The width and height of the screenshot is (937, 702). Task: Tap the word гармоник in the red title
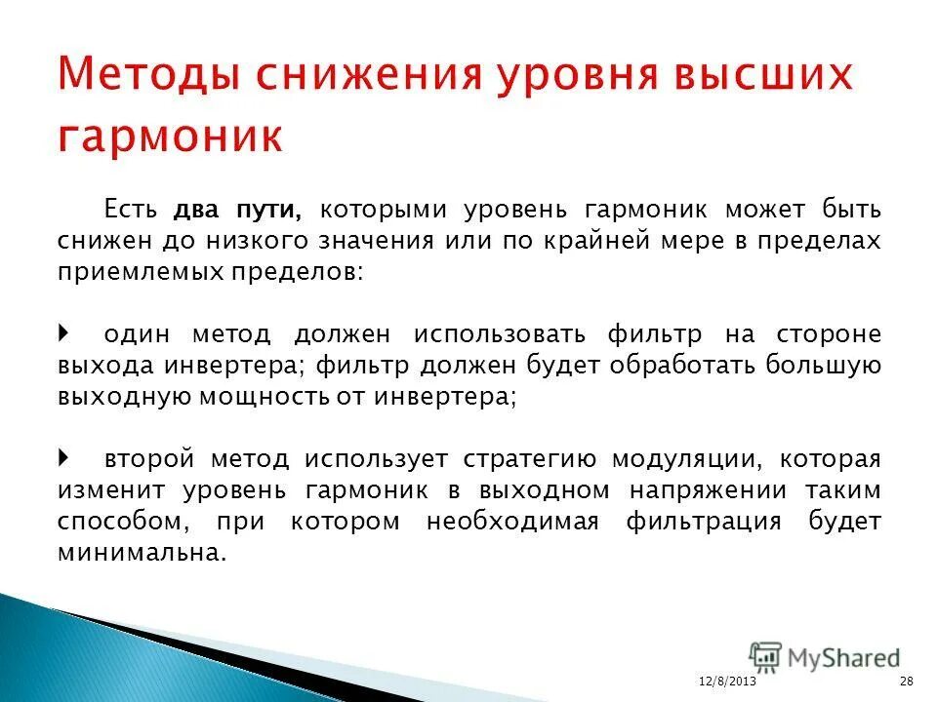[x=171, y=136]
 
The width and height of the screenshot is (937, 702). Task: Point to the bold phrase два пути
[x=238, y=210]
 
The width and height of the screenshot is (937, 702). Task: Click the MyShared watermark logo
[x=825, y=659]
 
